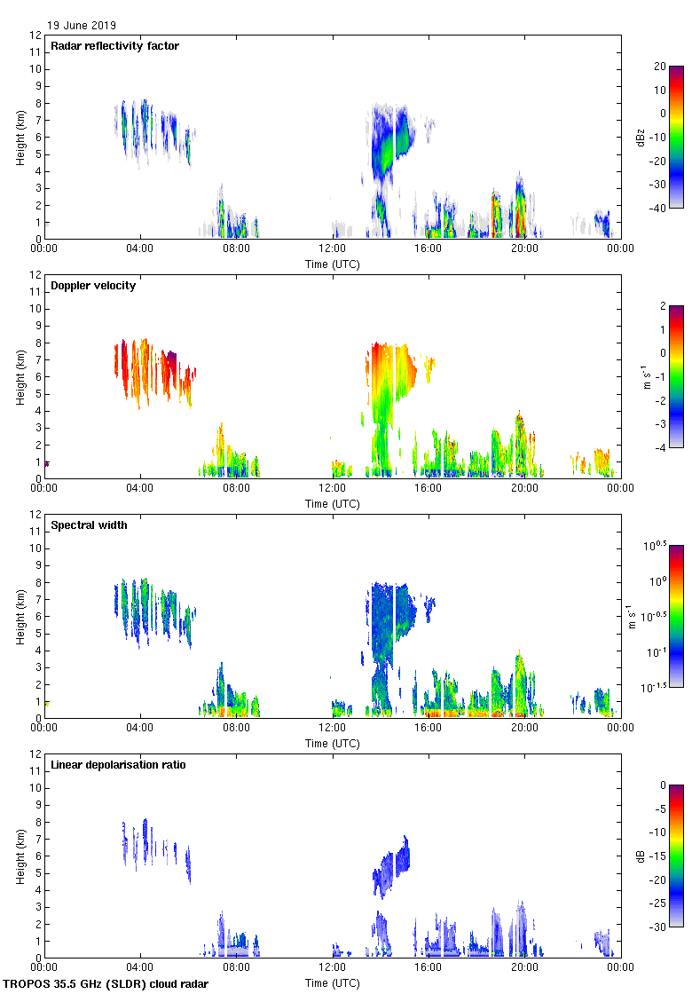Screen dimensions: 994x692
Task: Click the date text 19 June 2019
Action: pyautogui.click(x=82, y=26)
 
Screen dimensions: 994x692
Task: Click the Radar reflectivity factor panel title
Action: pyautogui.click(x=114, y=46)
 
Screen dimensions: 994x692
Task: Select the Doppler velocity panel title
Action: pyautogui.click(x=91, y=286)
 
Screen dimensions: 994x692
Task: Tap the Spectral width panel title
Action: pyautogui.click(x=89, y=525)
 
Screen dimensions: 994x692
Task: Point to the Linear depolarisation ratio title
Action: pyautogui.click(x=118, y=765)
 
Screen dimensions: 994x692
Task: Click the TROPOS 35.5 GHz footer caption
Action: pyautogui.click(x=106, y=984)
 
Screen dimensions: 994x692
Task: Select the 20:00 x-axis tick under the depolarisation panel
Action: pyautogui.click(x=524, y=968)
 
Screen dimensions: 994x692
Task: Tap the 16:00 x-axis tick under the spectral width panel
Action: pyautogui.click(x=428, y=729)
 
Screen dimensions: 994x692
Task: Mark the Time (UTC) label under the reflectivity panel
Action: pyautogui.click(x=332, y=264)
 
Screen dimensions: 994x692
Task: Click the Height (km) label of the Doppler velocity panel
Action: pyautogui.click(x=20, y=376)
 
